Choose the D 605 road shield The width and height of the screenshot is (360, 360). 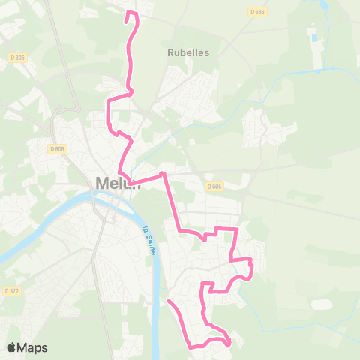click(214, 187)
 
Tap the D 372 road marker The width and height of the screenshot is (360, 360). click(11, 290)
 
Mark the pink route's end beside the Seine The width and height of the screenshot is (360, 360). click(168, 301)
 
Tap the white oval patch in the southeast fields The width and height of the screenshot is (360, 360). click(321, 304)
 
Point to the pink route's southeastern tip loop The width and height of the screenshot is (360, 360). click(226, 343)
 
